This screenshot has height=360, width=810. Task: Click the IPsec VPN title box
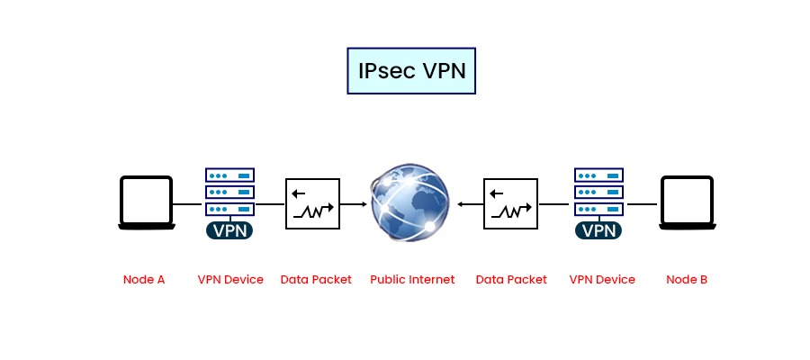410,71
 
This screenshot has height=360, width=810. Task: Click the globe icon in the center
410,204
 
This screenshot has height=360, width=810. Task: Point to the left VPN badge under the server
229,230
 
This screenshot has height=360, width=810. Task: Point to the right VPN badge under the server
598,230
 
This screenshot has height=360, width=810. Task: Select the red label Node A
144,279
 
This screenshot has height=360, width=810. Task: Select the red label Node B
687,279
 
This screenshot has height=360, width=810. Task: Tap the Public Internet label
412,279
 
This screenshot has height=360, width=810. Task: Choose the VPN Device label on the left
230,279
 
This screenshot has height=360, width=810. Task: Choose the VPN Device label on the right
602,279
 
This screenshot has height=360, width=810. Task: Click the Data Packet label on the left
316,279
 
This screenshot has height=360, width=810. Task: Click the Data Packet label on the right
511,279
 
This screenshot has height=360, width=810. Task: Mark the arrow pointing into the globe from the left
355,205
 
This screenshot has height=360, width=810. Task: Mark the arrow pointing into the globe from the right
469,205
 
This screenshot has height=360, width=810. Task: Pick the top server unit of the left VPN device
229,175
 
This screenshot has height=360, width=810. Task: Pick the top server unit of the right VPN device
598,175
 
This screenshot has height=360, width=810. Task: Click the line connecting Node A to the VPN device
188,205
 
